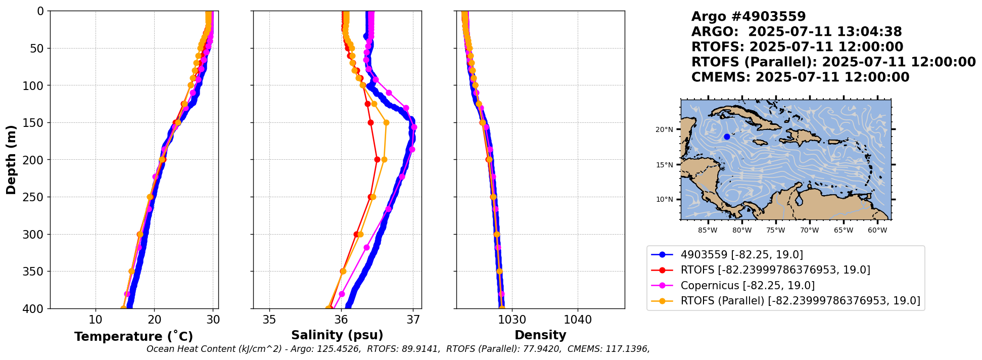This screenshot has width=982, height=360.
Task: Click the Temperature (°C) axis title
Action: (x=133, y=337)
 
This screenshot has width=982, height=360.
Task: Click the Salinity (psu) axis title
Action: (x=337, y=335)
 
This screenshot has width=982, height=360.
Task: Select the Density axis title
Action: (x=540, y=335)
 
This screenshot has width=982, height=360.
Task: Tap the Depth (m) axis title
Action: (x=11, y=160)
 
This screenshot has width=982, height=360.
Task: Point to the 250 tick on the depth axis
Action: (x=35, y=197)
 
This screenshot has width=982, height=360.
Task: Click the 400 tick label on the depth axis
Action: (x=35, y=308)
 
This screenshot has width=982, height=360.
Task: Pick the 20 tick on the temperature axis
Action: (x=154, y=320)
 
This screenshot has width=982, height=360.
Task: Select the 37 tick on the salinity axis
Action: (x=413, y=320)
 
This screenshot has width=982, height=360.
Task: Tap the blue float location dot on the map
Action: (x=727, y=137)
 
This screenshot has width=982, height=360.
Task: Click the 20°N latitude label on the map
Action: (x=665, y=129)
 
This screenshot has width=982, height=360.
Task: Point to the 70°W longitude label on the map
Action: (x=809, y=231)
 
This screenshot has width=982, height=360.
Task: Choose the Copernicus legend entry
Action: (x=747, y=286)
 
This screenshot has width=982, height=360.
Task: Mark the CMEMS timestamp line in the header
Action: (x=800, y=77)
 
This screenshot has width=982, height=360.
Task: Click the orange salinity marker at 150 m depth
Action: (x=386, y=122)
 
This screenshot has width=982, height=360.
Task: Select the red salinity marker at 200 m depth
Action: (x=377, y=159)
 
